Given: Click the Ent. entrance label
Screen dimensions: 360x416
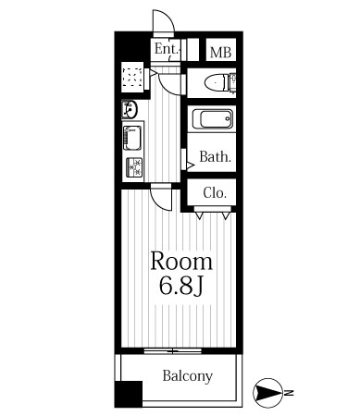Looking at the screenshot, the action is pos(167,49).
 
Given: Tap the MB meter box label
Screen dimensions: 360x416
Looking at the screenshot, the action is pos(220,53).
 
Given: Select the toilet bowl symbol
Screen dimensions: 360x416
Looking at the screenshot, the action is pos(220,82).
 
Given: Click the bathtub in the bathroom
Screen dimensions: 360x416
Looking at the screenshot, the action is pos(213,119).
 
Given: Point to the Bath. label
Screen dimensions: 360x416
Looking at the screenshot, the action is pos(215,157).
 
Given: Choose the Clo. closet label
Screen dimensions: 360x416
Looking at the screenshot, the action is pos(215,193).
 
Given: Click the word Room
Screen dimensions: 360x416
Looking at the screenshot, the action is pos(181,262).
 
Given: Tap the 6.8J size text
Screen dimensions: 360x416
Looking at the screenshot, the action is pos(181,285).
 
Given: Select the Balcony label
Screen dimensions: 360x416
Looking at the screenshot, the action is pos(188,376).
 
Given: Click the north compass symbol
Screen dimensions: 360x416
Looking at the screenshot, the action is pos(267,393).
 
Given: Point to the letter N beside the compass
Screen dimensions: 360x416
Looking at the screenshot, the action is pos(289,393).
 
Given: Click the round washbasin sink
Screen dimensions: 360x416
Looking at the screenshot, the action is pos(130,109).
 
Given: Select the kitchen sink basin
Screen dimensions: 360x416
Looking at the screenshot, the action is pos(132,138).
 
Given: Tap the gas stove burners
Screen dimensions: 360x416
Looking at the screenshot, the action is pos(134,167).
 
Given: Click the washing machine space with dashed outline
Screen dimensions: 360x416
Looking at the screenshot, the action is pos(132,77).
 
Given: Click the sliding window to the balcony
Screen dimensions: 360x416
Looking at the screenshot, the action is pos(173,350).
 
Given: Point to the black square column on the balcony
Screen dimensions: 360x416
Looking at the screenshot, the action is pos(129,395).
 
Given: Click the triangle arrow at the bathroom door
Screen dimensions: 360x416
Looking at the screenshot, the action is pos(190,165).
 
